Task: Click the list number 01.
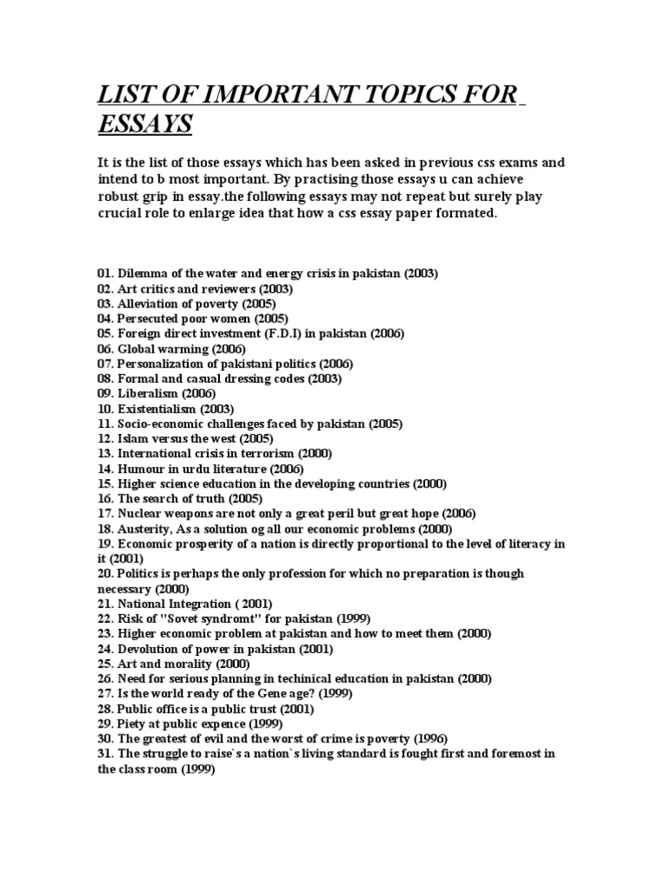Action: (105, 274)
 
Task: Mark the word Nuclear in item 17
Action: (139, 514)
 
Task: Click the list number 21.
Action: (105, 604)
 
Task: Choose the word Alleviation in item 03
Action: (149, 304)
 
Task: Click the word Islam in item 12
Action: (131, 438)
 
